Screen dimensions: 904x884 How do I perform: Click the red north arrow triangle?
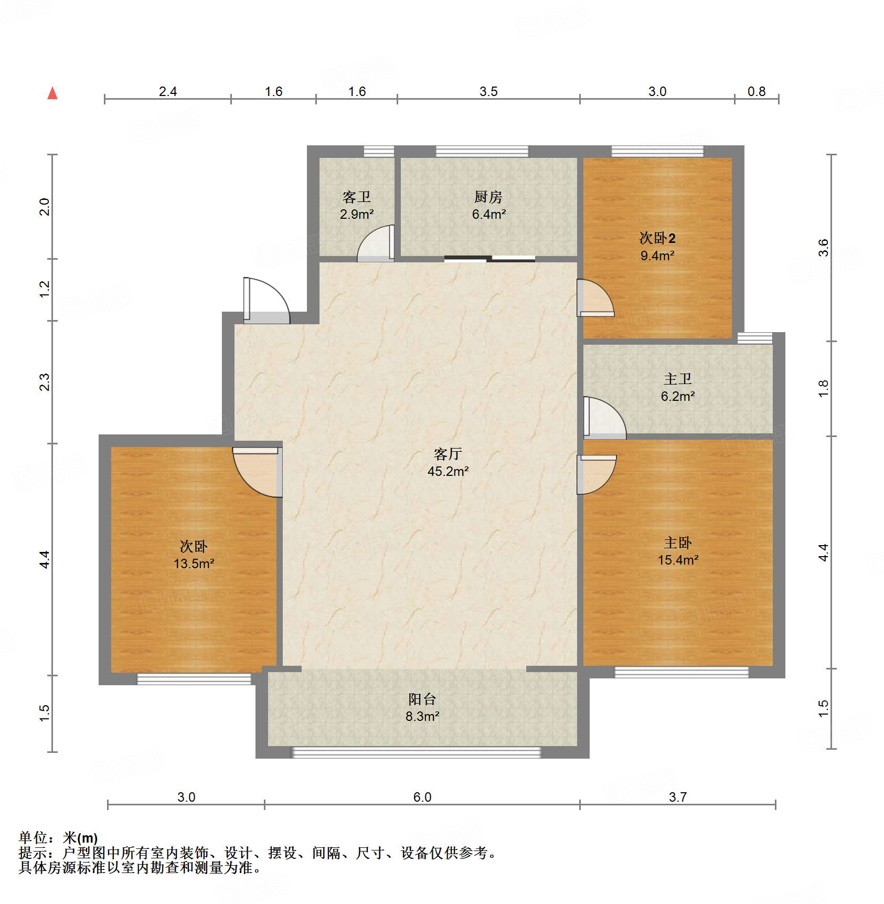(52, 93)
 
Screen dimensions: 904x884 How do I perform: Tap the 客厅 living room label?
(448, 453)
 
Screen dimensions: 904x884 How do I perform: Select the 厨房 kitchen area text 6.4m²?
(488, 214)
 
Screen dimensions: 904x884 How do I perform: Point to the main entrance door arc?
(268, 301)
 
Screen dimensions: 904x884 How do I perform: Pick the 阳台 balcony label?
(422, 699)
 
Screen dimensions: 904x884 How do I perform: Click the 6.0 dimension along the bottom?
(422, 797)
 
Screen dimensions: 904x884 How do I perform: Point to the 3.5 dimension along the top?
(488, 91)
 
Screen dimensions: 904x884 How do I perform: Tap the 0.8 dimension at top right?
(756, 91)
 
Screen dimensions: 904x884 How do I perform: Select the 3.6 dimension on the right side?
(823, 248)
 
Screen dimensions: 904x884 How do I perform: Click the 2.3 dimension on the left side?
(45, 381)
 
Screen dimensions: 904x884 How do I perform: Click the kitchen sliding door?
(489, 258)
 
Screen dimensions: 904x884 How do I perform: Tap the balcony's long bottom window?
(416, 752)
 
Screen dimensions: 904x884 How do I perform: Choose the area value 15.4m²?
(678, 560)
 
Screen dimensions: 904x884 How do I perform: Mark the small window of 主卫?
(754, 338)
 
